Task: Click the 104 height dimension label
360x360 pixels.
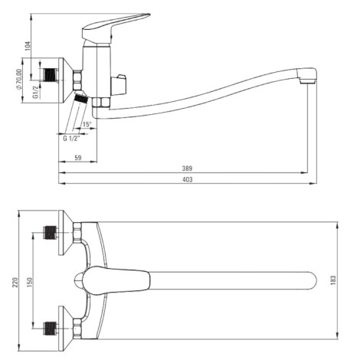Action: [x=28, y=46]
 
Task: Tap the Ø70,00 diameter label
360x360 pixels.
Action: [x=19, y=80]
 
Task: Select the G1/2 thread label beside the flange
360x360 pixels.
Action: [x=36, y=92]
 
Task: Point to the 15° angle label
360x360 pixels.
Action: [x=87, y=124]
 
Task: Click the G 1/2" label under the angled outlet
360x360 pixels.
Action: [x=71, y=139]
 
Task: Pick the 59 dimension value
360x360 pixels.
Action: [x=78, y=158]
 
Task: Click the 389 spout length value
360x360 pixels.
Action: [x=187, y=169]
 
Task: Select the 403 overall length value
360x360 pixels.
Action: [x=188, y=179]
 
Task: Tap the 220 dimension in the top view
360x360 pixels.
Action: [x=15, y=282]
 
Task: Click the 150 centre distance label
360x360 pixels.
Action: [x=30, y=282]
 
